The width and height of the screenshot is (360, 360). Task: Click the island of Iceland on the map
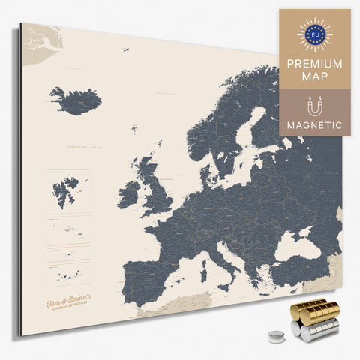click(75, 100)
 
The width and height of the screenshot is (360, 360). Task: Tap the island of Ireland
click(128, 196)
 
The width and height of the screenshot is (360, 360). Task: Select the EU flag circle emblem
click(315, 34)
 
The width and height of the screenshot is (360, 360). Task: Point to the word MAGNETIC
click(315, 124)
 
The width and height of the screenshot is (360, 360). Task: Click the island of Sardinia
click(203, 267)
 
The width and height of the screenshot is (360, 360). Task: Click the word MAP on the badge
click(315, 77)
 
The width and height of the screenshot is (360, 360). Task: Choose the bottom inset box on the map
click(69, 271)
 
